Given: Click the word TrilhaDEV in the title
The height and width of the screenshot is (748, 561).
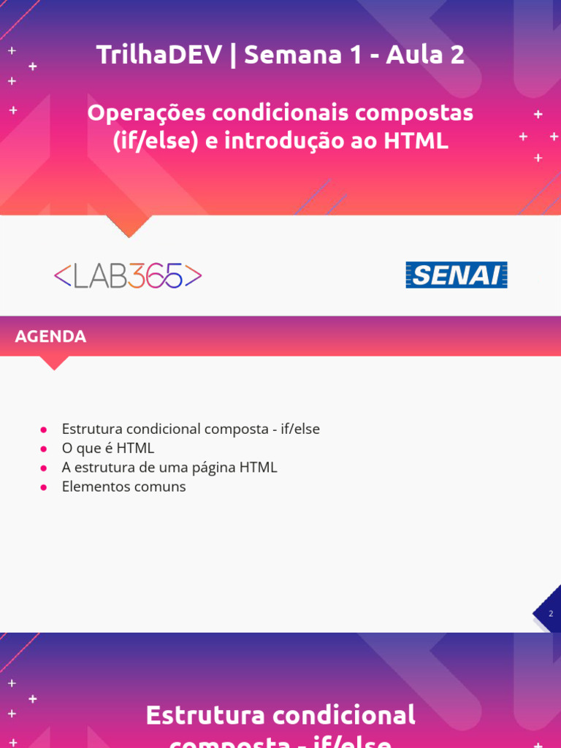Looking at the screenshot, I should pos(159,55).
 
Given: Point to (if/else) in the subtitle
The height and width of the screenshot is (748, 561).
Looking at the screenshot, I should pos(156,141).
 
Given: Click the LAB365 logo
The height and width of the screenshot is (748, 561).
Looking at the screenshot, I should pos(128,276).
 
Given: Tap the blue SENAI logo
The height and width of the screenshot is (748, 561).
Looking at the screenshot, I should pos(456,275).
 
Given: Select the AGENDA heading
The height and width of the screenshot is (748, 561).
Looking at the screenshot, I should pos(50,337).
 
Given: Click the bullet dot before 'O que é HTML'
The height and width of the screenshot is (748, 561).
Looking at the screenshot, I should pos(44,449).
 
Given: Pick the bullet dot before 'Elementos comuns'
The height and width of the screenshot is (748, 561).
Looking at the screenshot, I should pos(44,486).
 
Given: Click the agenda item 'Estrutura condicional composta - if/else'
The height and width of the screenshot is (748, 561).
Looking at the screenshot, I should pos(191,429).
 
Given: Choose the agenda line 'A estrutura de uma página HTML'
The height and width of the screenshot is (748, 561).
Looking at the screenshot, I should pos(169,467).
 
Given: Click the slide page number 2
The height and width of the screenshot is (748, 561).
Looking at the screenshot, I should pos(551,614).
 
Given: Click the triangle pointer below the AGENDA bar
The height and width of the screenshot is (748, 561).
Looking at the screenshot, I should pos(54,362).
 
